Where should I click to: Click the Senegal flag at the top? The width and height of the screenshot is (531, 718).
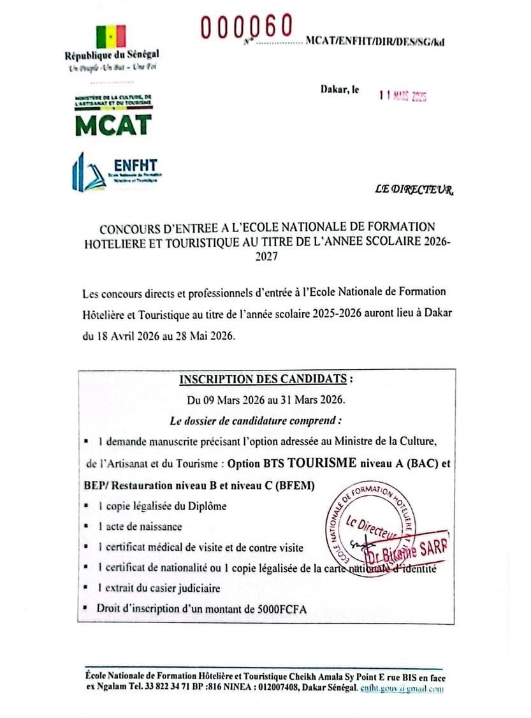112,36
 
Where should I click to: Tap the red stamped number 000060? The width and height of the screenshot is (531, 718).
245,26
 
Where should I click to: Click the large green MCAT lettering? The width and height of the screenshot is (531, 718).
113,124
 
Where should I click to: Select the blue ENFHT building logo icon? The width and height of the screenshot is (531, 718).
86,172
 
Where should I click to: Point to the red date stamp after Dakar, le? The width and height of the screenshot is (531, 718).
402,96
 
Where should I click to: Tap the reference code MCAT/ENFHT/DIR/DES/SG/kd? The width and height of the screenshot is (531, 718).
375,41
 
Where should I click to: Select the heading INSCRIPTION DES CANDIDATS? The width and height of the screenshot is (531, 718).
263,379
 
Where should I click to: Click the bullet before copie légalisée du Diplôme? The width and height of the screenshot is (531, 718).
85,506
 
